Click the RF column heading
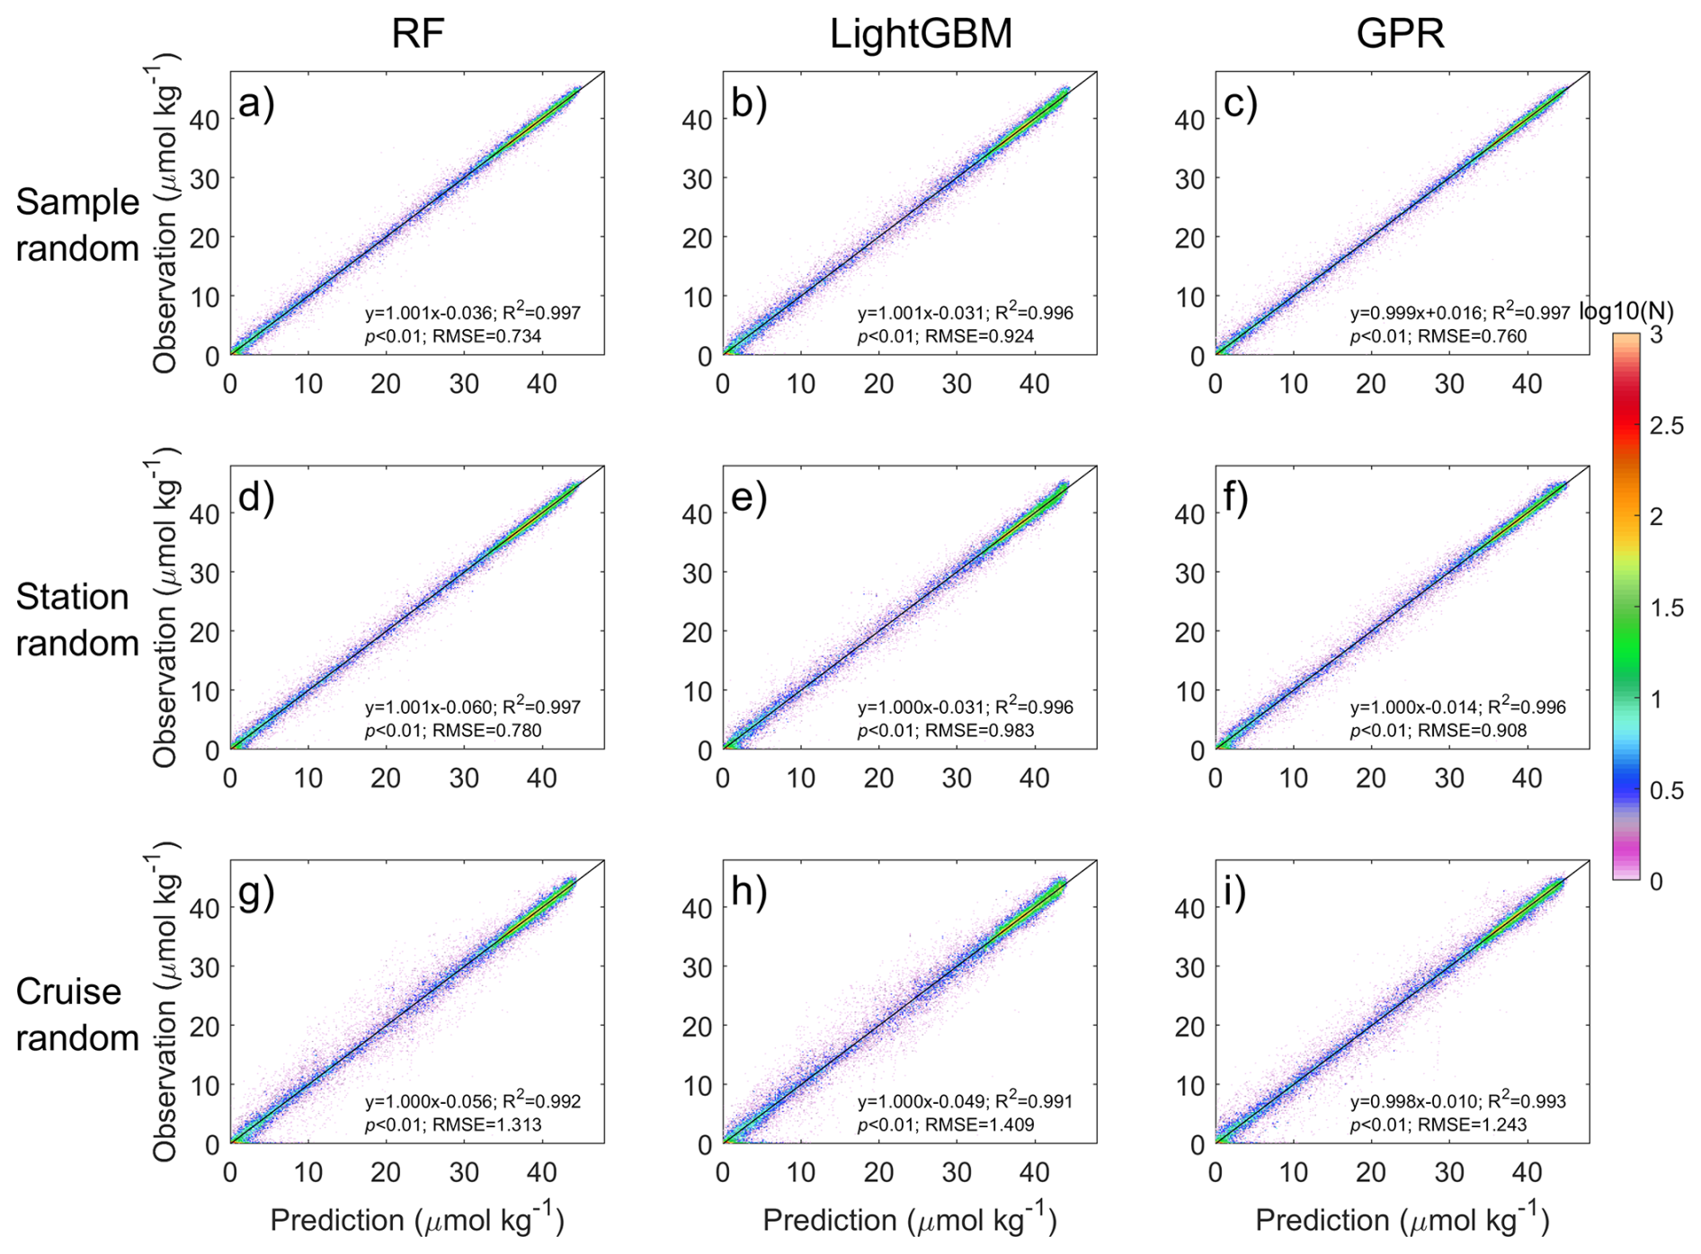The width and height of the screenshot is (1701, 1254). tap(417, 34)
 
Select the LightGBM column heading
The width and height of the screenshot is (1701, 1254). tap(921, 34)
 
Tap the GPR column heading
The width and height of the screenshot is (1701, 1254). tap(1400, 34)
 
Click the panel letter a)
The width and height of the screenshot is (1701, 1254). tap(256, 103)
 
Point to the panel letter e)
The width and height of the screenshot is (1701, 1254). tap(749, 497)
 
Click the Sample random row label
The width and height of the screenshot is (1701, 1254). tap(77, 225)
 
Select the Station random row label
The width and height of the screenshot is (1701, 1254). tap(77, 619)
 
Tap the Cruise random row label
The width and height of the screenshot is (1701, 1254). tap(77, 1014)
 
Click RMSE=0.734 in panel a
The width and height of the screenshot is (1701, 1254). tap(487, 336)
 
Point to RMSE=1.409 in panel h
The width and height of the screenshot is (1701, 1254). tap(980, 1125)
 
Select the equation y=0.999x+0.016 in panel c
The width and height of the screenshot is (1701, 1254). tap(1416, 313)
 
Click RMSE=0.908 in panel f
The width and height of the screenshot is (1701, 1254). tap(1473, 730)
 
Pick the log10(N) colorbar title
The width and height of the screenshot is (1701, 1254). tap(1626, 311)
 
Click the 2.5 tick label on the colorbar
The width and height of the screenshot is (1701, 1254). tap(1667, 425)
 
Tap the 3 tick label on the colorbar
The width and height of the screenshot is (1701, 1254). tap(1656, 335)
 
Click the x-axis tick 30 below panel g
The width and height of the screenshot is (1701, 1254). tap(464, 1172)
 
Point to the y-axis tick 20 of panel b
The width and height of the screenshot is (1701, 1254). tap(697, 237)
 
